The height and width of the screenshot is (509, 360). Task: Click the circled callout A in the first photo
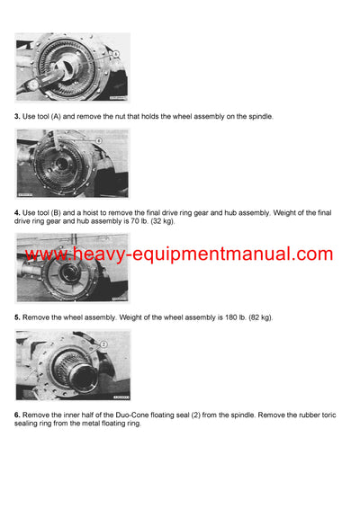[115, 55]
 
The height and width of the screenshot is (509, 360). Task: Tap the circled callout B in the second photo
[99, 140]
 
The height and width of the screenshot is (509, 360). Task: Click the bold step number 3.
[17, 117]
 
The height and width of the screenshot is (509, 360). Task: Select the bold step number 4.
[17, 212]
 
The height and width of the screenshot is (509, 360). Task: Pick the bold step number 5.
[17, 317]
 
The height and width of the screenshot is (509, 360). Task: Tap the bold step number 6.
[17, 414]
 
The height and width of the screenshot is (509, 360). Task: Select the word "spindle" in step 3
[259, 117]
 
